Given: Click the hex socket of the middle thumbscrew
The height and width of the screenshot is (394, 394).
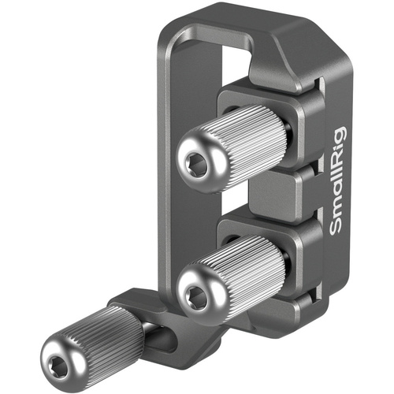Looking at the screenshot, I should (196, 296).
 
